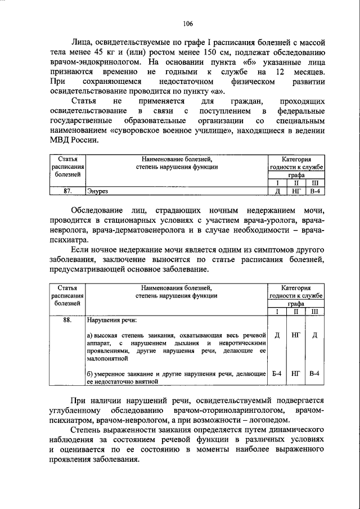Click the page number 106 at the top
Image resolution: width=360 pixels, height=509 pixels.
pos(188,23)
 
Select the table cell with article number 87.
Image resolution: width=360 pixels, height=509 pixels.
pos(67,191)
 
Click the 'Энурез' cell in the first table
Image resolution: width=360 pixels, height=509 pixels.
pos(96,191)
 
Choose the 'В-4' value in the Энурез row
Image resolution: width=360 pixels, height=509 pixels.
pos(315,191)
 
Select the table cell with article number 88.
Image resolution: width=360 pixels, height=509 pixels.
pos(67,321)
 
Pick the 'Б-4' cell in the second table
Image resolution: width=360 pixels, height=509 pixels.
pos(277,373)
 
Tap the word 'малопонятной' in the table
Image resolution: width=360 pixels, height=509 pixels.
pos(107,357)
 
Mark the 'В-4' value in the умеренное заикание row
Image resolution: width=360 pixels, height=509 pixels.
pos(315,373)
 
